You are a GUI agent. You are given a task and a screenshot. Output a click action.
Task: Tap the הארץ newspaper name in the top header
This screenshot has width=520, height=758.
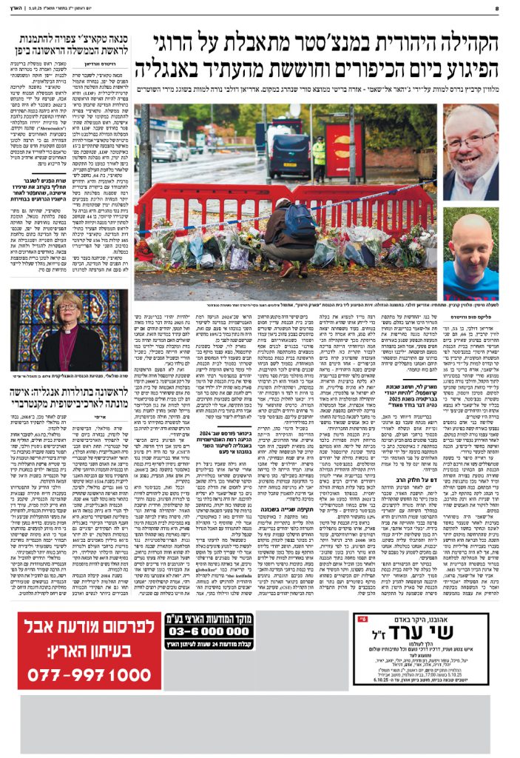click(22, 8)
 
